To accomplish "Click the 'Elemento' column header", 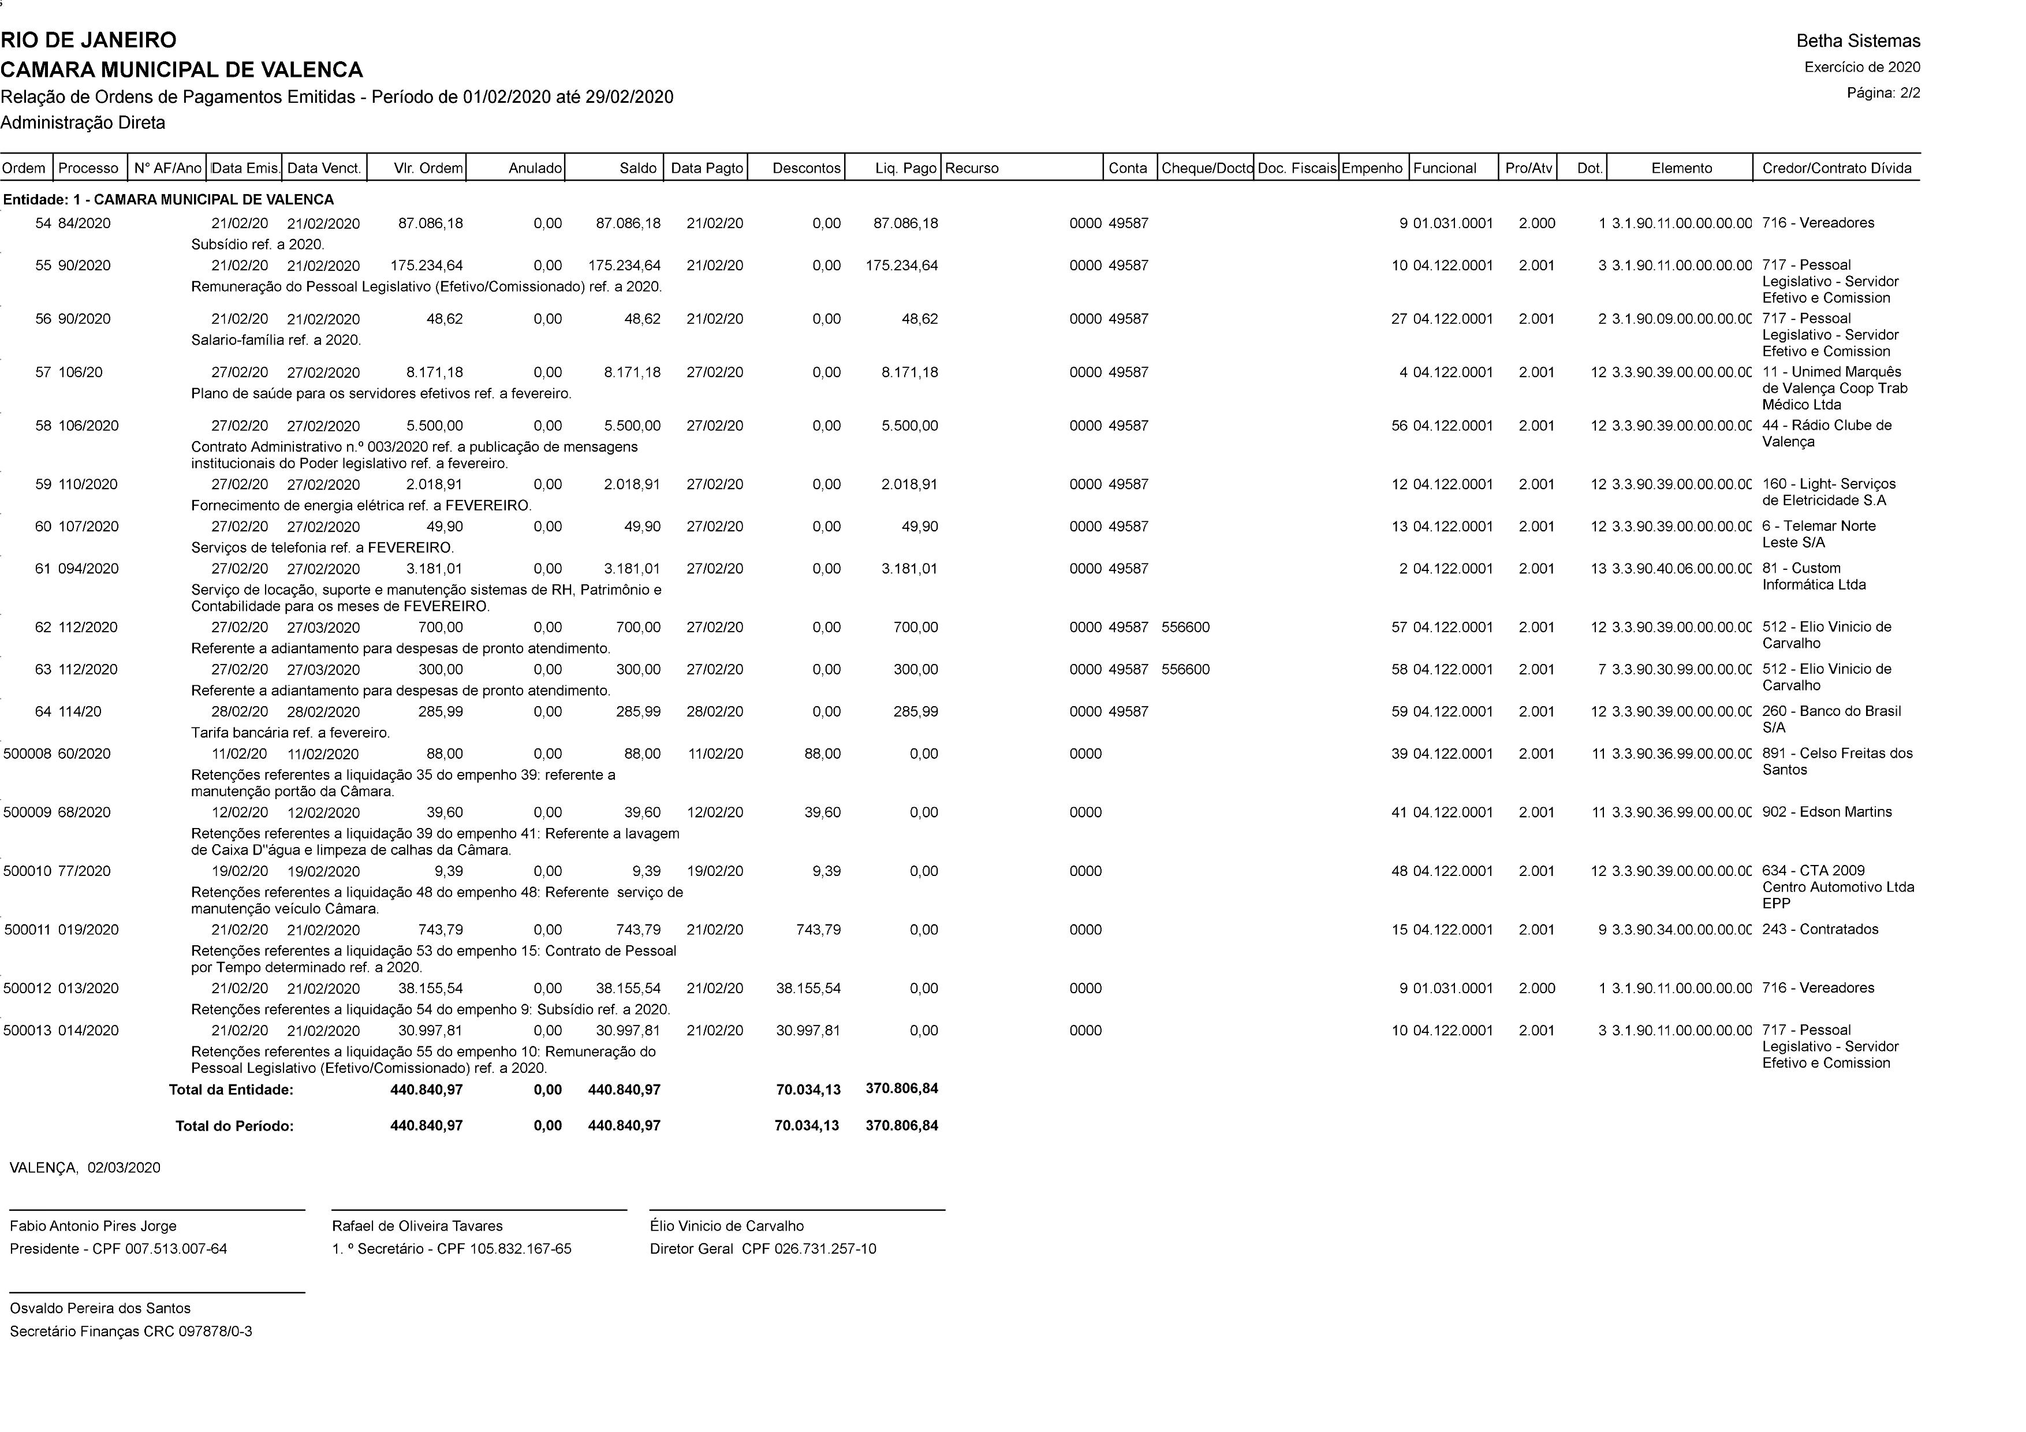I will pyautogui.click(x=1681, y=167).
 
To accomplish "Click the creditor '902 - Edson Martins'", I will pyautogui.click(x=1827, y=812).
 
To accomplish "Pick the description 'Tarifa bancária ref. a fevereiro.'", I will pyautogui.click(x=290, y=732).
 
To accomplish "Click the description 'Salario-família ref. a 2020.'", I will pyautogui.click(x=276, y=340).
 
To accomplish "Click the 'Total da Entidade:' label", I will pyautogui.click(x=231, y=1090).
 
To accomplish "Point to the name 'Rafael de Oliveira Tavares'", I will pyautogui.click(x=417, y=1225).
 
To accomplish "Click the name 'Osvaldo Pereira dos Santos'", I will pyautogui.click(x=100, y=1308).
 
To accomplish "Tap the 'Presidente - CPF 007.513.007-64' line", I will pyautogui.click(x=118, y=1248).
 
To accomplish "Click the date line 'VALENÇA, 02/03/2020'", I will pyautogui.click(x=85, y=1168).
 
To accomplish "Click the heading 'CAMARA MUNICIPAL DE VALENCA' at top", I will pyautogui.click(x=182, y=70).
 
